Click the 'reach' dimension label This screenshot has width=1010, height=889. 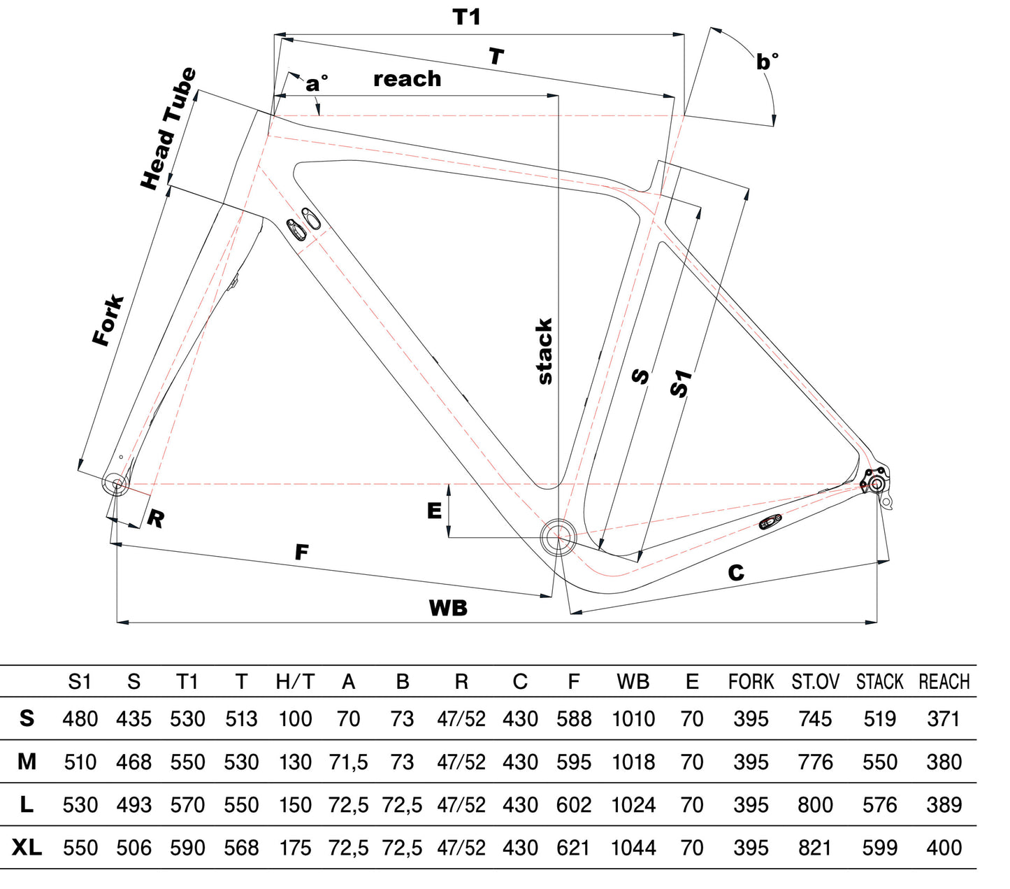[x=407, y=79]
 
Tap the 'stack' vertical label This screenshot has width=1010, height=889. [x=544, y=351]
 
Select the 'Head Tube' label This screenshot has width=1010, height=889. [x=168, y=129]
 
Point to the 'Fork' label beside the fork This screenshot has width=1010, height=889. [x=108, y=321]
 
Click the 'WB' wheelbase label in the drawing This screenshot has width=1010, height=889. [x=448, y=608]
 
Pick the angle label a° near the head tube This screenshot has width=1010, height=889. [x=316, y=84]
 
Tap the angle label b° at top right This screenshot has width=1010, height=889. [x=767, y=62]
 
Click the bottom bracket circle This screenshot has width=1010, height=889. [x=558, y=536]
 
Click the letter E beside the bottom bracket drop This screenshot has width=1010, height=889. [x=434, y=511]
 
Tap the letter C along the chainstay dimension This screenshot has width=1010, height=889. [x=736, y=574]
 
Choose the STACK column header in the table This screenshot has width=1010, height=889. [x=879, y=682]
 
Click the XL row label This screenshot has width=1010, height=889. [x=27, y=848]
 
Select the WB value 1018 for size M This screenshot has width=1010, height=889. [x=633, y=762]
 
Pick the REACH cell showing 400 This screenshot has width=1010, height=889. [x=944, y=848]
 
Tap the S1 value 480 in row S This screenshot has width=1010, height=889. [x=80, y=719]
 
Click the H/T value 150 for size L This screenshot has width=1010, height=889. [x=295, y=805]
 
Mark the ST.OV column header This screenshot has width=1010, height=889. [x=815, y=682]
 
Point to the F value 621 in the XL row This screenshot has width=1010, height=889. [x=573, y=848]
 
